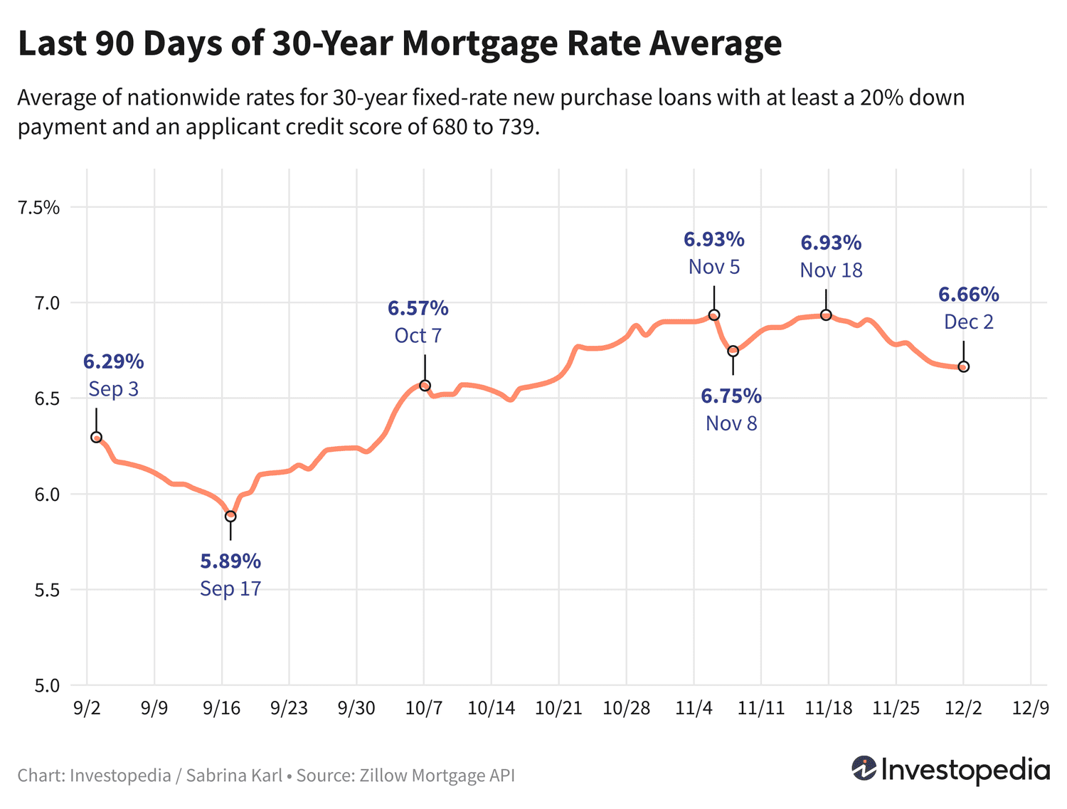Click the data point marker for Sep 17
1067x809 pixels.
coord(230,516)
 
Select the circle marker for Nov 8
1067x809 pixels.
coord(733,351)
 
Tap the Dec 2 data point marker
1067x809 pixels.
coord(964,366)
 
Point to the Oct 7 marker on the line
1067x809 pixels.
coord(425,386)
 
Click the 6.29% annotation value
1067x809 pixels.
coord(114,361)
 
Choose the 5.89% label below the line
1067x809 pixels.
coord(230,561)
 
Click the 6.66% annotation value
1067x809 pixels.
coord(969,294)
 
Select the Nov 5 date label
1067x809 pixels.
coord(714,267)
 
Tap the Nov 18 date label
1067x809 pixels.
coord(831,270)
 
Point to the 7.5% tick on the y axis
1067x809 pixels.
coord(39,208)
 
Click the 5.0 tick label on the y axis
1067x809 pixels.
coord(45,686)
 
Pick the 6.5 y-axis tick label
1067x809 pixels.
coord(45,399)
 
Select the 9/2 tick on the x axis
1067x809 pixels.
coord(87,708)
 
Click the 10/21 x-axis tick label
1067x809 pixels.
coord(558,708)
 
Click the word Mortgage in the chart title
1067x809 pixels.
coord(479,43)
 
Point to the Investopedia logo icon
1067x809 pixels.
coord(864,769)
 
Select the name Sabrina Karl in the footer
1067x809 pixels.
coord(234,775)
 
